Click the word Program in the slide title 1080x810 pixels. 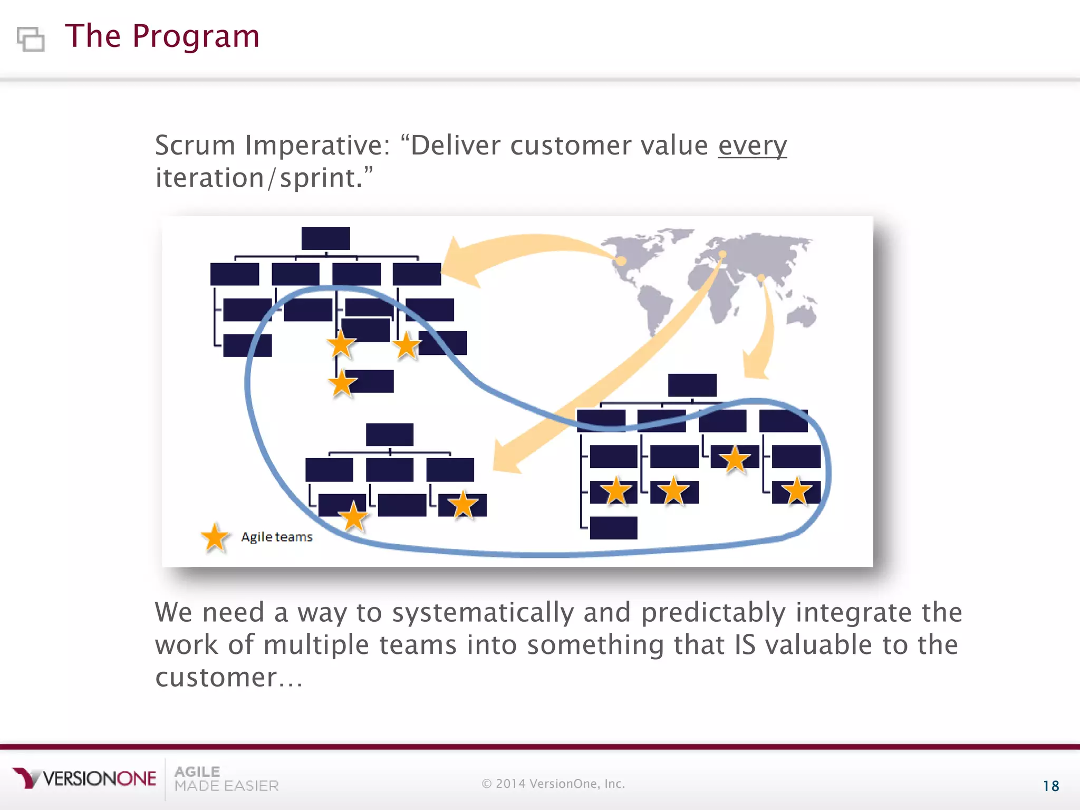[x=195, y=37]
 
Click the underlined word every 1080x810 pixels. [x=752, y=146]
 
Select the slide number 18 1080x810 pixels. [x=1050, y=786]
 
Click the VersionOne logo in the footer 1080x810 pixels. [x=84, y=778]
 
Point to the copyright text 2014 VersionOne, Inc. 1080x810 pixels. [x=554, y=784]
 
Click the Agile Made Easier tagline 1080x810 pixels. [x=226, y=779]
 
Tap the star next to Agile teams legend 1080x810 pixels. [x=215, y=538]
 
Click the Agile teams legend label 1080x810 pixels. [x=277, y=537]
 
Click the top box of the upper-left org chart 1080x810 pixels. [x=325, y=238]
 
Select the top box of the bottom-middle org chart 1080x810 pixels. [x=390, y=435]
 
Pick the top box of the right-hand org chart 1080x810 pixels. [x=692, y=385]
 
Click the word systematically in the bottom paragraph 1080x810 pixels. [x=483, y=613]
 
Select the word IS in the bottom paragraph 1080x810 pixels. [x=745, y=645]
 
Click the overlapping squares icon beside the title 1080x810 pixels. [x=31, y=38]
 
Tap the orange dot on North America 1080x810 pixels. [x=621, y=261]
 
